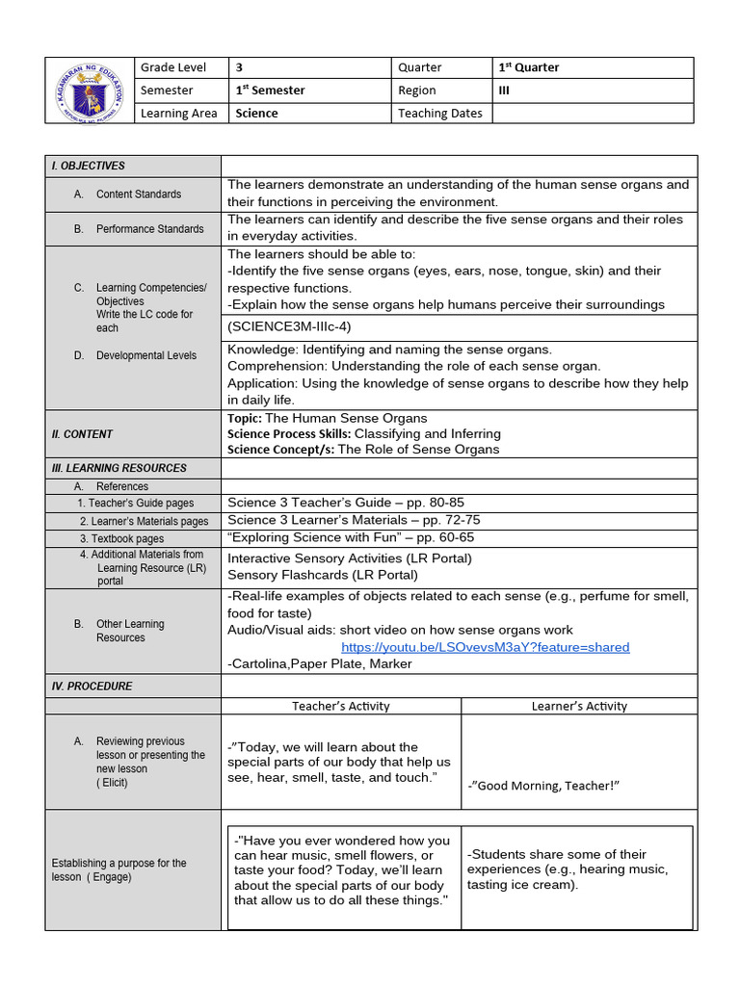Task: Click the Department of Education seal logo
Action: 88,91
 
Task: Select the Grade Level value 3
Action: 240,67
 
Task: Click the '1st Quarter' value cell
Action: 528,67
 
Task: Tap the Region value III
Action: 503,91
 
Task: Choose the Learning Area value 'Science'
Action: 256,114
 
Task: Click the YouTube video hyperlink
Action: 485,647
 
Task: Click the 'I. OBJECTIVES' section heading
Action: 88,166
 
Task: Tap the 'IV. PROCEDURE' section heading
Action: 92,687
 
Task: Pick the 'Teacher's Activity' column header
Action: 341,706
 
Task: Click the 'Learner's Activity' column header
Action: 579,706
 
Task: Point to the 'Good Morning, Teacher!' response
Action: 542,786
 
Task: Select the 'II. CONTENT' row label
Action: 82,434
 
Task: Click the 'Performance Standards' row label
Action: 149,229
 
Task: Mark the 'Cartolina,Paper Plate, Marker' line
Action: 319,663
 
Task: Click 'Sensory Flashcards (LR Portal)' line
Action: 322,575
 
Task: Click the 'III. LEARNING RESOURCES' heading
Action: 119,468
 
